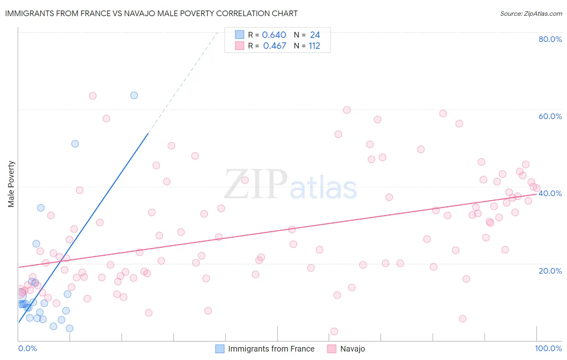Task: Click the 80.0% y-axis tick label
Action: click(x=550, y=39)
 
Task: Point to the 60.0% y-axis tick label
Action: click(x=550, y=116)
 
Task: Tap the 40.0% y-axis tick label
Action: click(x=550, y=193)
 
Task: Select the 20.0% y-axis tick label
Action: click(x=550, y=271)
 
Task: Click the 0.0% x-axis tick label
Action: click(x=27, y=348)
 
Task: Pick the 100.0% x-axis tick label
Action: click(x=548, y=348)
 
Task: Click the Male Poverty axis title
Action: click(x=11, y=184)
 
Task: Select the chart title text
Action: click(x=151, y=13)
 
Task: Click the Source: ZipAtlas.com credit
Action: click(x=531, y=13)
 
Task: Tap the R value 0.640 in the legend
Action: click(x=274, y=35)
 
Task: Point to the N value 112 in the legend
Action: click(x=314, y=46)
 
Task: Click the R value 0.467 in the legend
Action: click(x=274, y=46)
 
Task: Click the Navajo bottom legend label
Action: click(x=352, y=349)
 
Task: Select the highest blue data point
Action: click(x=134, y=95)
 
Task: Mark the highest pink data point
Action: click(x=93, y=96)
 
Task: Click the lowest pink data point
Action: click(x=334, y=331)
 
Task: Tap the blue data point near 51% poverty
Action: click(x=75, y=144)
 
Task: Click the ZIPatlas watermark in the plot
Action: click(x=290, y=185)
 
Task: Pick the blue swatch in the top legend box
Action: click(x=240, y=35)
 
